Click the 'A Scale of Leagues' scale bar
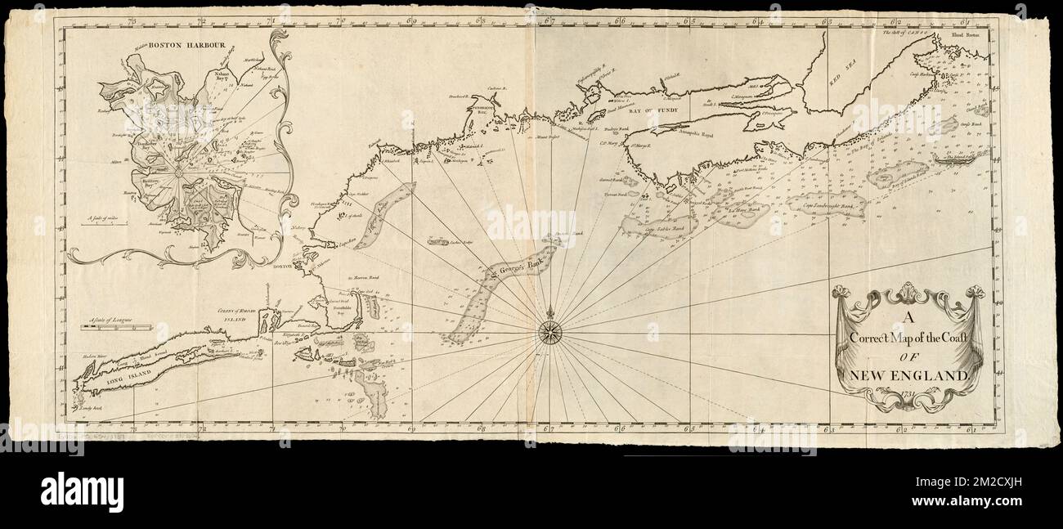point(116,327)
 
